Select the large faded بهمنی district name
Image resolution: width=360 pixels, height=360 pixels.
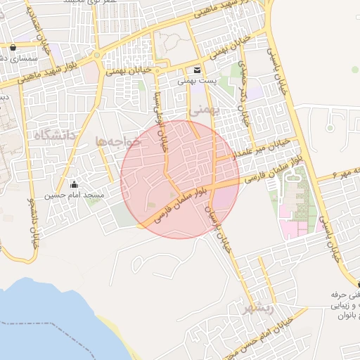[205, 110]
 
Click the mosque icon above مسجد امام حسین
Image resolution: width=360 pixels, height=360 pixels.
[75, 184]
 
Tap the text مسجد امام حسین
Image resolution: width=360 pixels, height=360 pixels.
[75, 194]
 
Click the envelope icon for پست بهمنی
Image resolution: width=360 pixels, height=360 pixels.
[196, 70]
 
